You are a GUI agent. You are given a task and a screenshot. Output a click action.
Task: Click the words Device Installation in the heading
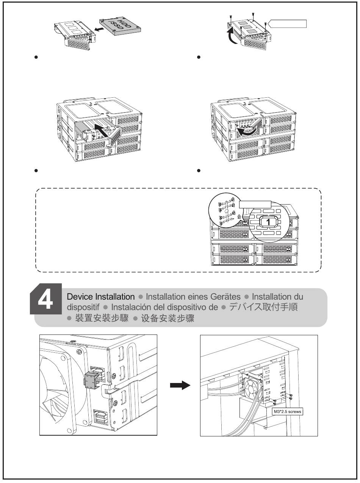(x=100, y=297)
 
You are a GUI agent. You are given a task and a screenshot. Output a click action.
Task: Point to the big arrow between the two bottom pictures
(x=180, y=385)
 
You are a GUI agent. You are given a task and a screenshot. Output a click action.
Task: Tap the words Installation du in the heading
(x=277, y=297)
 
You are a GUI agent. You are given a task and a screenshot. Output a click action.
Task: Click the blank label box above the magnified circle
(x=255, y=204)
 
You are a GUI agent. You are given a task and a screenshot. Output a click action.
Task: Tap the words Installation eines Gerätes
(x=193, y=297)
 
